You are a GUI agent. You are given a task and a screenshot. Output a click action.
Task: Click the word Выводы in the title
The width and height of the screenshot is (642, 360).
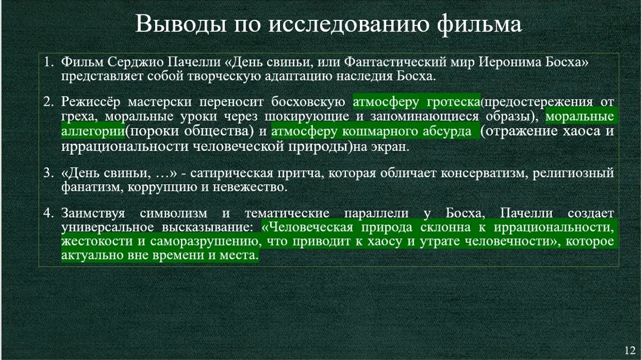181,24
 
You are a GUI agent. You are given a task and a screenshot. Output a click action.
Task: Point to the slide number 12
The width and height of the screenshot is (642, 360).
630,350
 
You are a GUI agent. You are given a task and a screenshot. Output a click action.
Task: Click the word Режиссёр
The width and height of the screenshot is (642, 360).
90,102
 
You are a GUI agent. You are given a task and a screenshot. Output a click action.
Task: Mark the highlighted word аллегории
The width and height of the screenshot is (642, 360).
93,132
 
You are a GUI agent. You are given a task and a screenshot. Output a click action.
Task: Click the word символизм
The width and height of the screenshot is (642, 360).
173,214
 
